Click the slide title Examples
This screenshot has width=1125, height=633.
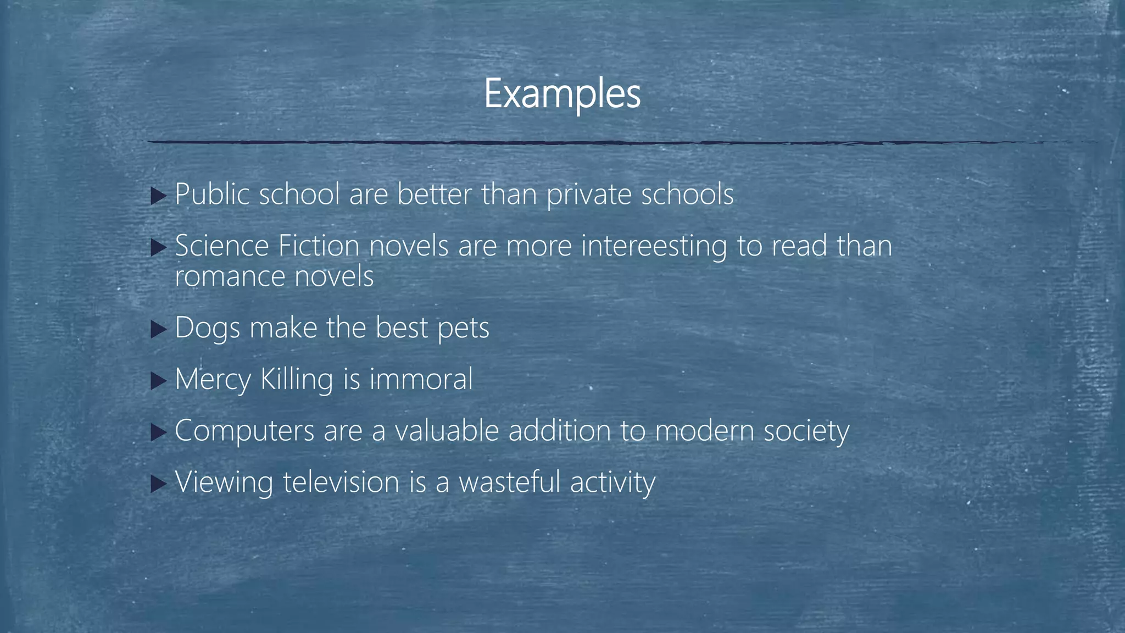pyautogui.click(x=562, y=94)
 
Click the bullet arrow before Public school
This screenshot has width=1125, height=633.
pyautogui.click(x=158, y=196)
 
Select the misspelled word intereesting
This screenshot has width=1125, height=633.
pyautogui.click(x=654, y=246)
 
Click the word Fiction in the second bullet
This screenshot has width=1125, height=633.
pyautogui.click(x=319, y=246)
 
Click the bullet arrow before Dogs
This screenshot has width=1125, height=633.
pyautogui.click(x=158, y=330)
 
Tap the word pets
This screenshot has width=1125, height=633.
pyautogui.click(x=463, y=329)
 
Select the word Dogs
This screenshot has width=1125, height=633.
pyautogui.click(x=208, y=329)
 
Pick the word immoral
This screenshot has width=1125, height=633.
pyautogui.click(x=421, y=379)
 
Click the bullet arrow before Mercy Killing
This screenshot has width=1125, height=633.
pyautogui.click(x=158, y=381)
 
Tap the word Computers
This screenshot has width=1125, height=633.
pyautogui.click(x=244, y=431)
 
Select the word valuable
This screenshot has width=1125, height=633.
pyautogui.click(x=447, y=430)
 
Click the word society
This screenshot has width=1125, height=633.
pyautogui.click(x=806, y=431)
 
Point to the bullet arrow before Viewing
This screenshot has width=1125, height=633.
pyautogui.click(x=158, y=484)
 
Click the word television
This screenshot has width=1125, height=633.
pyautogui.click(x=341, y=482)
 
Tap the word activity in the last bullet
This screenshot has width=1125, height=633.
pyautogui.click(x=612, y=483)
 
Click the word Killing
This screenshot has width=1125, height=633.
pyautogui.click(x=297, y=380)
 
